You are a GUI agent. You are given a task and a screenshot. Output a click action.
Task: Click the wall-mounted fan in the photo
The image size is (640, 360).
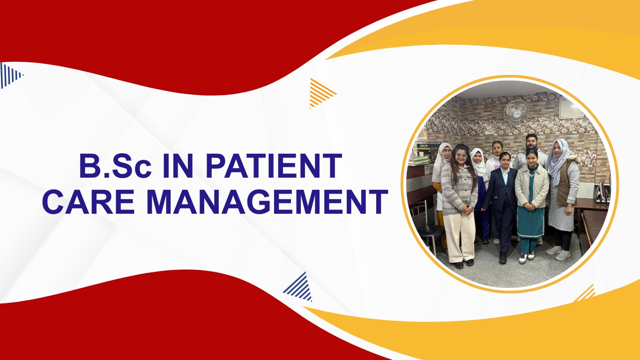tap(515, 112)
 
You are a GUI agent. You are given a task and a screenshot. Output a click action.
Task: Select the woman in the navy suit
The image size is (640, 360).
tap(502, 202)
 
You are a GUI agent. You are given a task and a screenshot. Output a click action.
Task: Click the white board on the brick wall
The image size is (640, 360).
tap(571, 108)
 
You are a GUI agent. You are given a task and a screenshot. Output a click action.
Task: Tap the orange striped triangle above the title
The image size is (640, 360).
tap(321, 92)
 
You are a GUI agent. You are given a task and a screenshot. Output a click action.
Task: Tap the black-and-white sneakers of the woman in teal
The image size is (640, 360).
tap(527, 257)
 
